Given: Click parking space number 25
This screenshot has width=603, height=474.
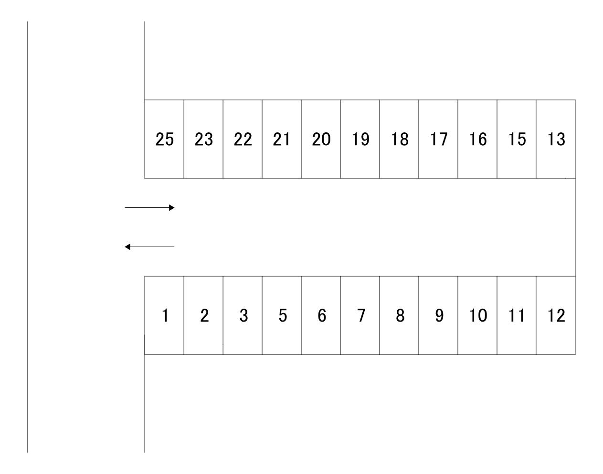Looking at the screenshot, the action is (164, 139).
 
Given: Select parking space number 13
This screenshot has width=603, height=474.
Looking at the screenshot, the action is (556, 139).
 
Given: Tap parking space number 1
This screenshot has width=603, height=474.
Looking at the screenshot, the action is (164, 315).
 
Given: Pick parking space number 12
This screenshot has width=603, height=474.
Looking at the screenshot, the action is (556, 315).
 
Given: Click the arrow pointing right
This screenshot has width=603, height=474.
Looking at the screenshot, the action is (149, 207).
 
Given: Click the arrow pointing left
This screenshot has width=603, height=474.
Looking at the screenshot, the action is (149, 247).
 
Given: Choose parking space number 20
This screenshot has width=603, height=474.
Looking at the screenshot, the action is (321, 139).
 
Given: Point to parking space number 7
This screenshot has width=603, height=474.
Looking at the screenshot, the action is (360, 315).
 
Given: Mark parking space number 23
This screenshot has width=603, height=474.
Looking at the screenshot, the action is (203, 139).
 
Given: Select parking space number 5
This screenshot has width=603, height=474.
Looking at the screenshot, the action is (282, 315).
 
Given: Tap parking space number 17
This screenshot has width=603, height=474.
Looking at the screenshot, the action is (438, 139).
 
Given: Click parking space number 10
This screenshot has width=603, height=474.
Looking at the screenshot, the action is (477, 315).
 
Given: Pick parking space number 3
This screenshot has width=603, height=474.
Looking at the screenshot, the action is (243, 315).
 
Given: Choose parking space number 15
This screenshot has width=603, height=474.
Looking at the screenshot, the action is (517, 139).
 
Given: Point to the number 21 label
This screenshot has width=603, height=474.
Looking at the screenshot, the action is (281, 139).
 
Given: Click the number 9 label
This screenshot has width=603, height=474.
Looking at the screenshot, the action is (439, 315).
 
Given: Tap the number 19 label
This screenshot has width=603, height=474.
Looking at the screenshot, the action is (361, 139).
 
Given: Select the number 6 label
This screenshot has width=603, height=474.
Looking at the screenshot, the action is (322, 315).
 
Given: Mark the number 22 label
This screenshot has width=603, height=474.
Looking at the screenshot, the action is (243, 139).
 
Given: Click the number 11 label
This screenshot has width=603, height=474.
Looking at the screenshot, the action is (517, 315).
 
